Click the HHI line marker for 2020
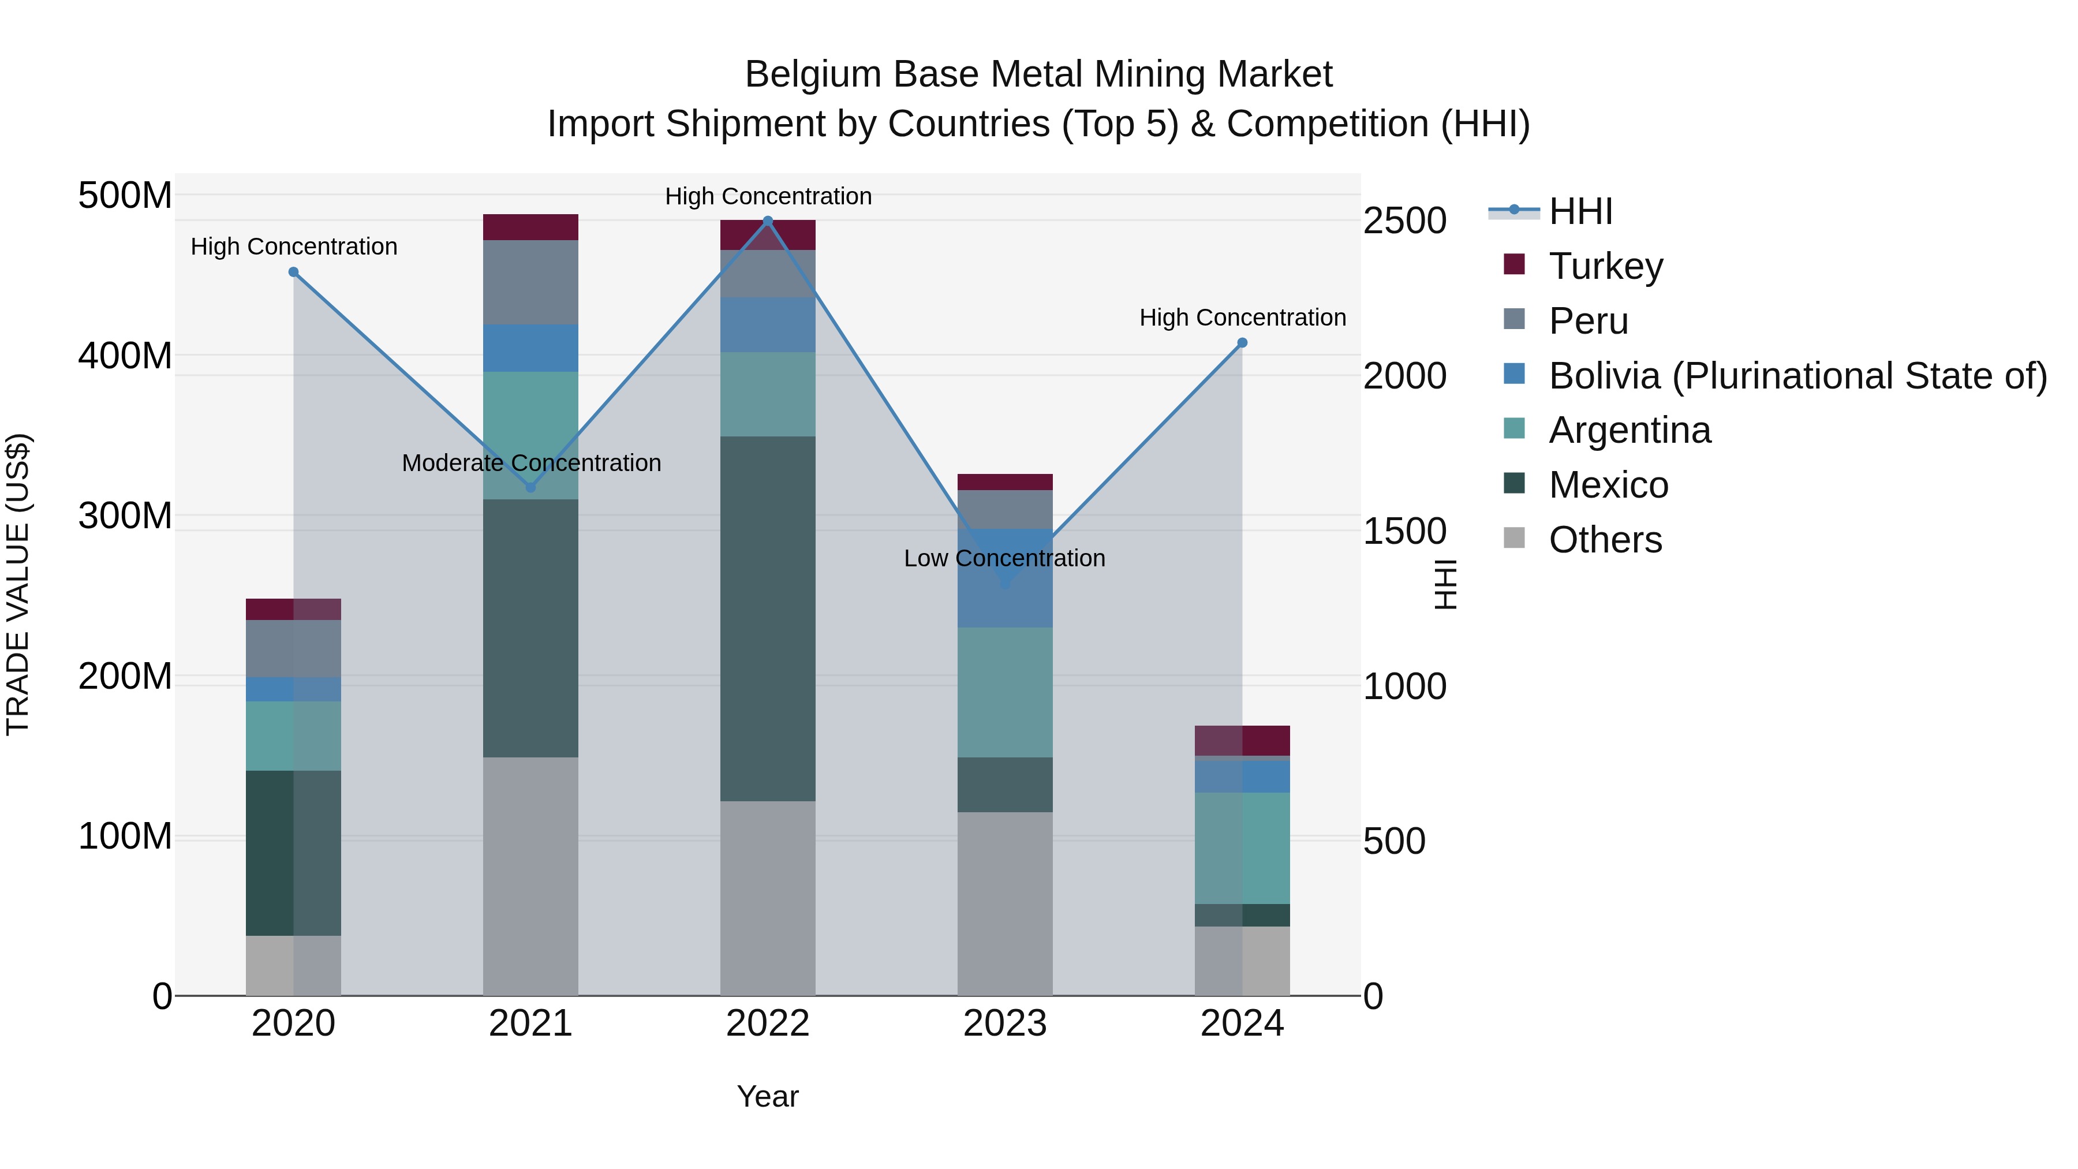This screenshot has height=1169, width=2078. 294,272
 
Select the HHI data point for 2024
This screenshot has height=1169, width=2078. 1242,343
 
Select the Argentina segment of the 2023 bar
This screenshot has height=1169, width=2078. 1004,692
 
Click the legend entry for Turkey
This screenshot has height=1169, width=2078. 1605,266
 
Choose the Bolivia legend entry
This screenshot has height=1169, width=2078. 1797,376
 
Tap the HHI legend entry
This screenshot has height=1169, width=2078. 1579,211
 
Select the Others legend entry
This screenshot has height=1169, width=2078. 1605,540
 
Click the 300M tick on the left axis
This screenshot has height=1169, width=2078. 125,516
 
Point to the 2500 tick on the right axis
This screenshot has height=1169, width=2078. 1404,221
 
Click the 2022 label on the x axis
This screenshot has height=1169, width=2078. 767,1023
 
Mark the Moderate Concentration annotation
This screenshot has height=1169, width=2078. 531,463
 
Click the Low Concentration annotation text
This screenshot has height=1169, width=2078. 1004,558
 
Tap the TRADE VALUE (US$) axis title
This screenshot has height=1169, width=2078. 18,584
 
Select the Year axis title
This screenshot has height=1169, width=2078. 767,1096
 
